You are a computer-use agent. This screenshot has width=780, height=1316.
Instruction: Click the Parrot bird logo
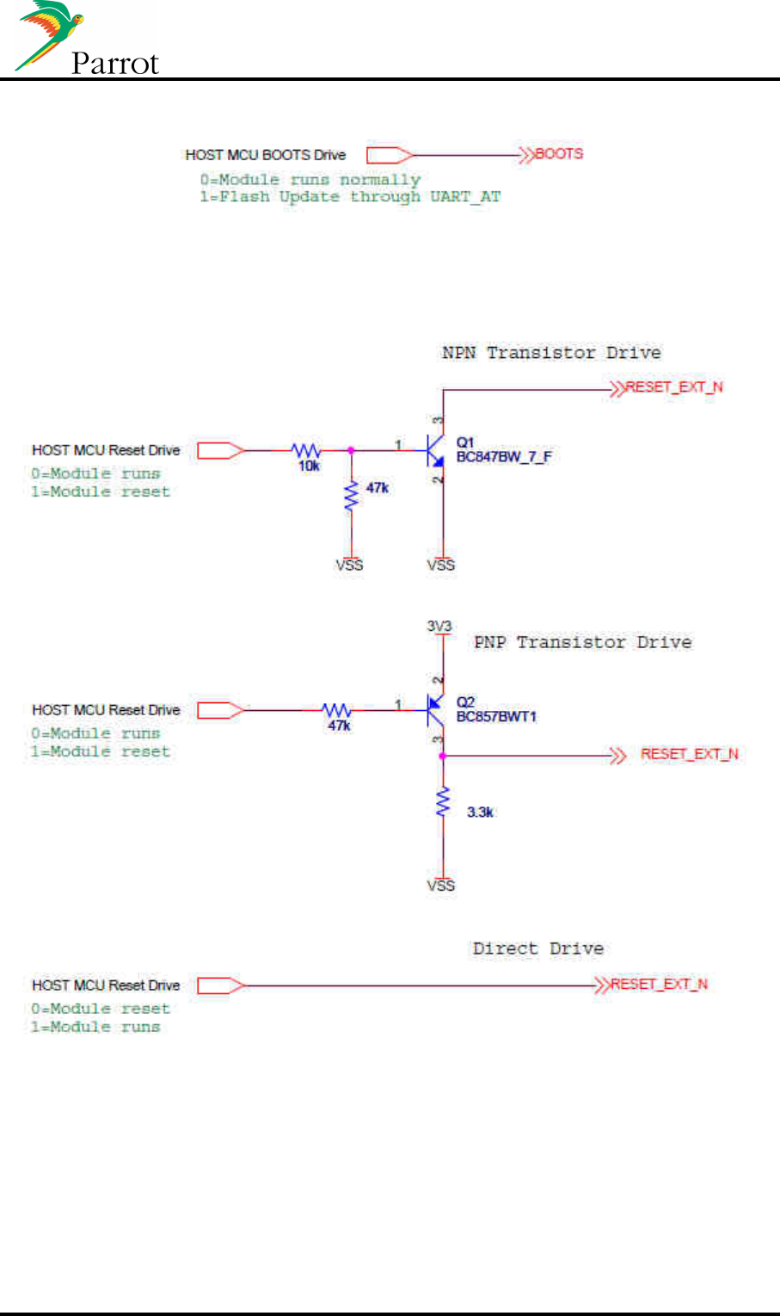coord(47,34)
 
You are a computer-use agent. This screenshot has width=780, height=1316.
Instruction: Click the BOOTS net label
coord(559,154)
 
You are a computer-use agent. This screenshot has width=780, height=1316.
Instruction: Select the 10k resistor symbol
coord(306,450)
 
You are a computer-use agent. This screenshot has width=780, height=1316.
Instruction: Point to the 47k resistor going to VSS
coord(350,497)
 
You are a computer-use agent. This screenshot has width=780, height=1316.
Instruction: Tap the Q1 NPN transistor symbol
coord(435,450)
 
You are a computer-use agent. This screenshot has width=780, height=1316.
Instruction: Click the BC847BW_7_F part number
coord(503,457)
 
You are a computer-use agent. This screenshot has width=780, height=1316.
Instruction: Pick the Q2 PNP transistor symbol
coord(435,709)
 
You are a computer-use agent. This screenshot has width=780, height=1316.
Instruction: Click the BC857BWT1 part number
coord(496,716)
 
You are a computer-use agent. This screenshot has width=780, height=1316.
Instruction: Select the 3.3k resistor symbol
coord(443,802)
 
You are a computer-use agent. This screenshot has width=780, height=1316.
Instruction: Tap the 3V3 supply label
coord(439,626)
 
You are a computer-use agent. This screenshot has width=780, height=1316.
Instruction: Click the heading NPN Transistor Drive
coord(551,353)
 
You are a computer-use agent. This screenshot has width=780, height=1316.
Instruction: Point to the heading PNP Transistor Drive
coord(582,642)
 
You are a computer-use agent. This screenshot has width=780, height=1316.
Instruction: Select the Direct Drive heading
coord(537,948)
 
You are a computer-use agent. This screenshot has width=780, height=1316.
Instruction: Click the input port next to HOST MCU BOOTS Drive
coord(390,155)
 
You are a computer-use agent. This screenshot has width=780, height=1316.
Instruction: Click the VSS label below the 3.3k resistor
coord(441,885)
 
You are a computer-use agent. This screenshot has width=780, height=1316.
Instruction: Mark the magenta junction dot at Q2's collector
coord(443,756)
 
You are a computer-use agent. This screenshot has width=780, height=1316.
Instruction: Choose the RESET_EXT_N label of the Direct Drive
coord(659,984)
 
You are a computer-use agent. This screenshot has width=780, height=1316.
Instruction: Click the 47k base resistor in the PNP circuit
coord(337,710)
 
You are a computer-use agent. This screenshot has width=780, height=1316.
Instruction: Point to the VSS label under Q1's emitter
coord(441,565)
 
